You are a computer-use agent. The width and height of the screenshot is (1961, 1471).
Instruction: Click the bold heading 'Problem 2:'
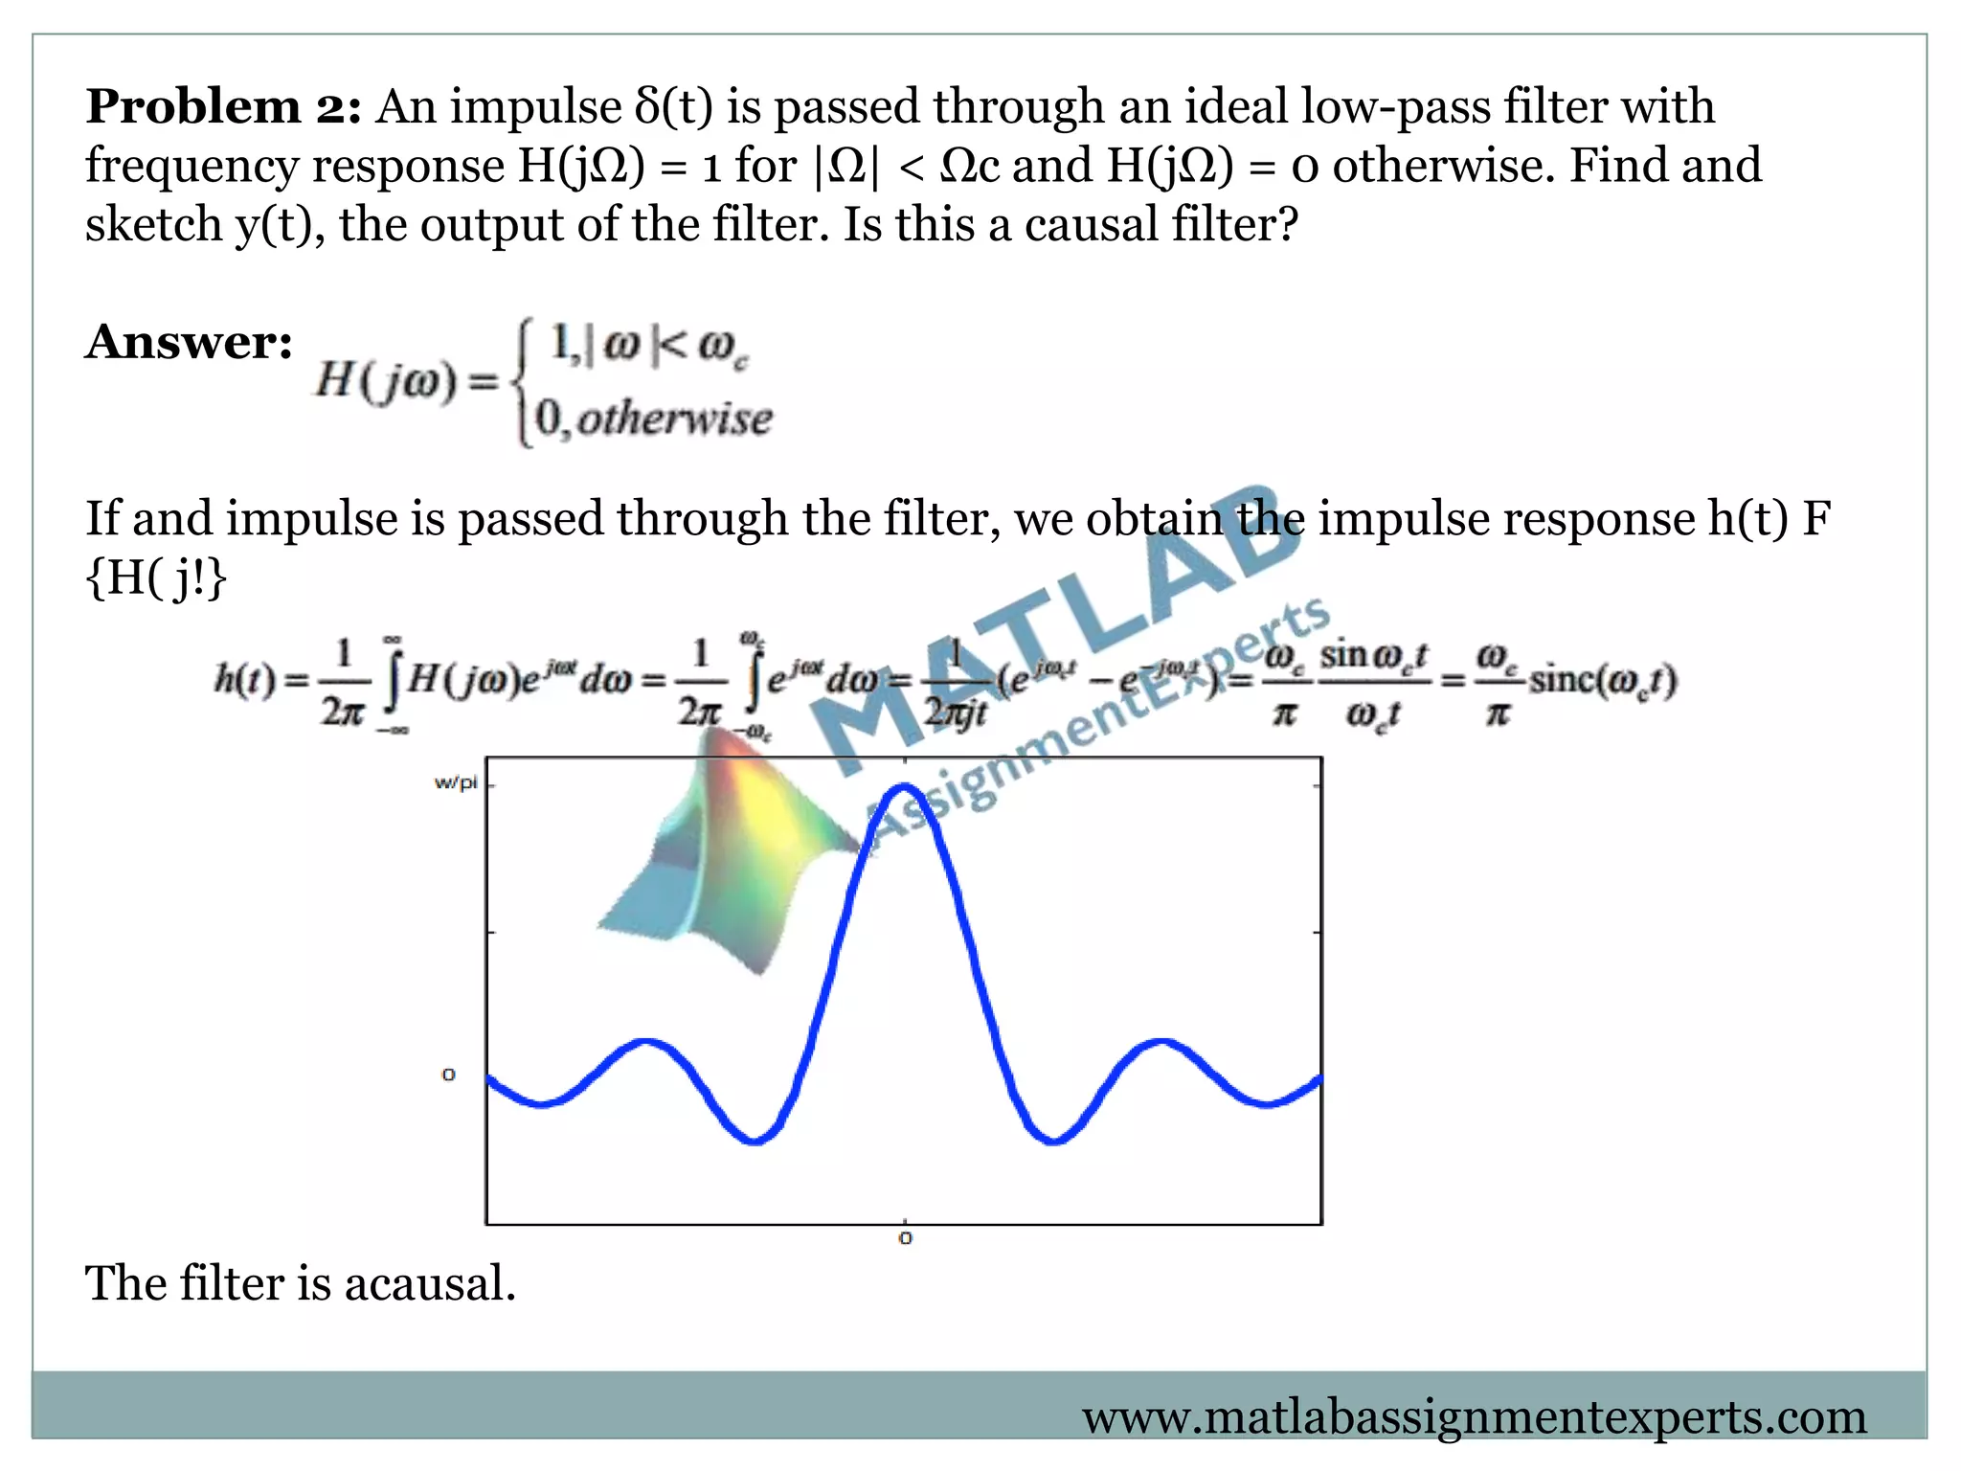223,105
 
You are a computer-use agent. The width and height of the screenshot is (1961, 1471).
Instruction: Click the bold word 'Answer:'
189,342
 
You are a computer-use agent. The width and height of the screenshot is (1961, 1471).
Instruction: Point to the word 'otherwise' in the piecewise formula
675,419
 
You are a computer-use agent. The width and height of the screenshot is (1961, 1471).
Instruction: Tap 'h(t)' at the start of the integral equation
245,679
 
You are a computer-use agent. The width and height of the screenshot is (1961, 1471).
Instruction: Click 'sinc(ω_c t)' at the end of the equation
1602,679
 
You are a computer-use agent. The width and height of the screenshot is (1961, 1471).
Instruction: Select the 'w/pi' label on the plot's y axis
455,782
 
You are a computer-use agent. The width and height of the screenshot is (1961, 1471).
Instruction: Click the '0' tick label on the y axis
448,1075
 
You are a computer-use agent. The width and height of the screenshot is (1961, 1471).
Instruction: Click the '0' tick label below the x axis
905,1238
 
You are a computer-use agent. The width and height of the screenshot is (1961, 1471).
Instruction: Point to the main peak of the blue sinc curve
905,787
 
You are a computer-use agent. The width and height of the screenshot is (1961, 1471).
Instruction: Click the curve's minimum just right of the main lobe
1053,1141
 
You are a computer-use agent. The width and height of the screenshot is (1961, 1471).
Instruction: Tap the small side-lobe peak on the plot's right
1161,1041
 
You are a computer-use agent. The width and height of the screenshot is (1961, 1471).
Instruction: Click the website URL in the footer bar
1475,1416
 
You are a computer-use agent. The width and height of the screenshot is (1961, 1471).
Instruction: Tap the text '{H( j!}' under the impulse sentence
156,577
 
